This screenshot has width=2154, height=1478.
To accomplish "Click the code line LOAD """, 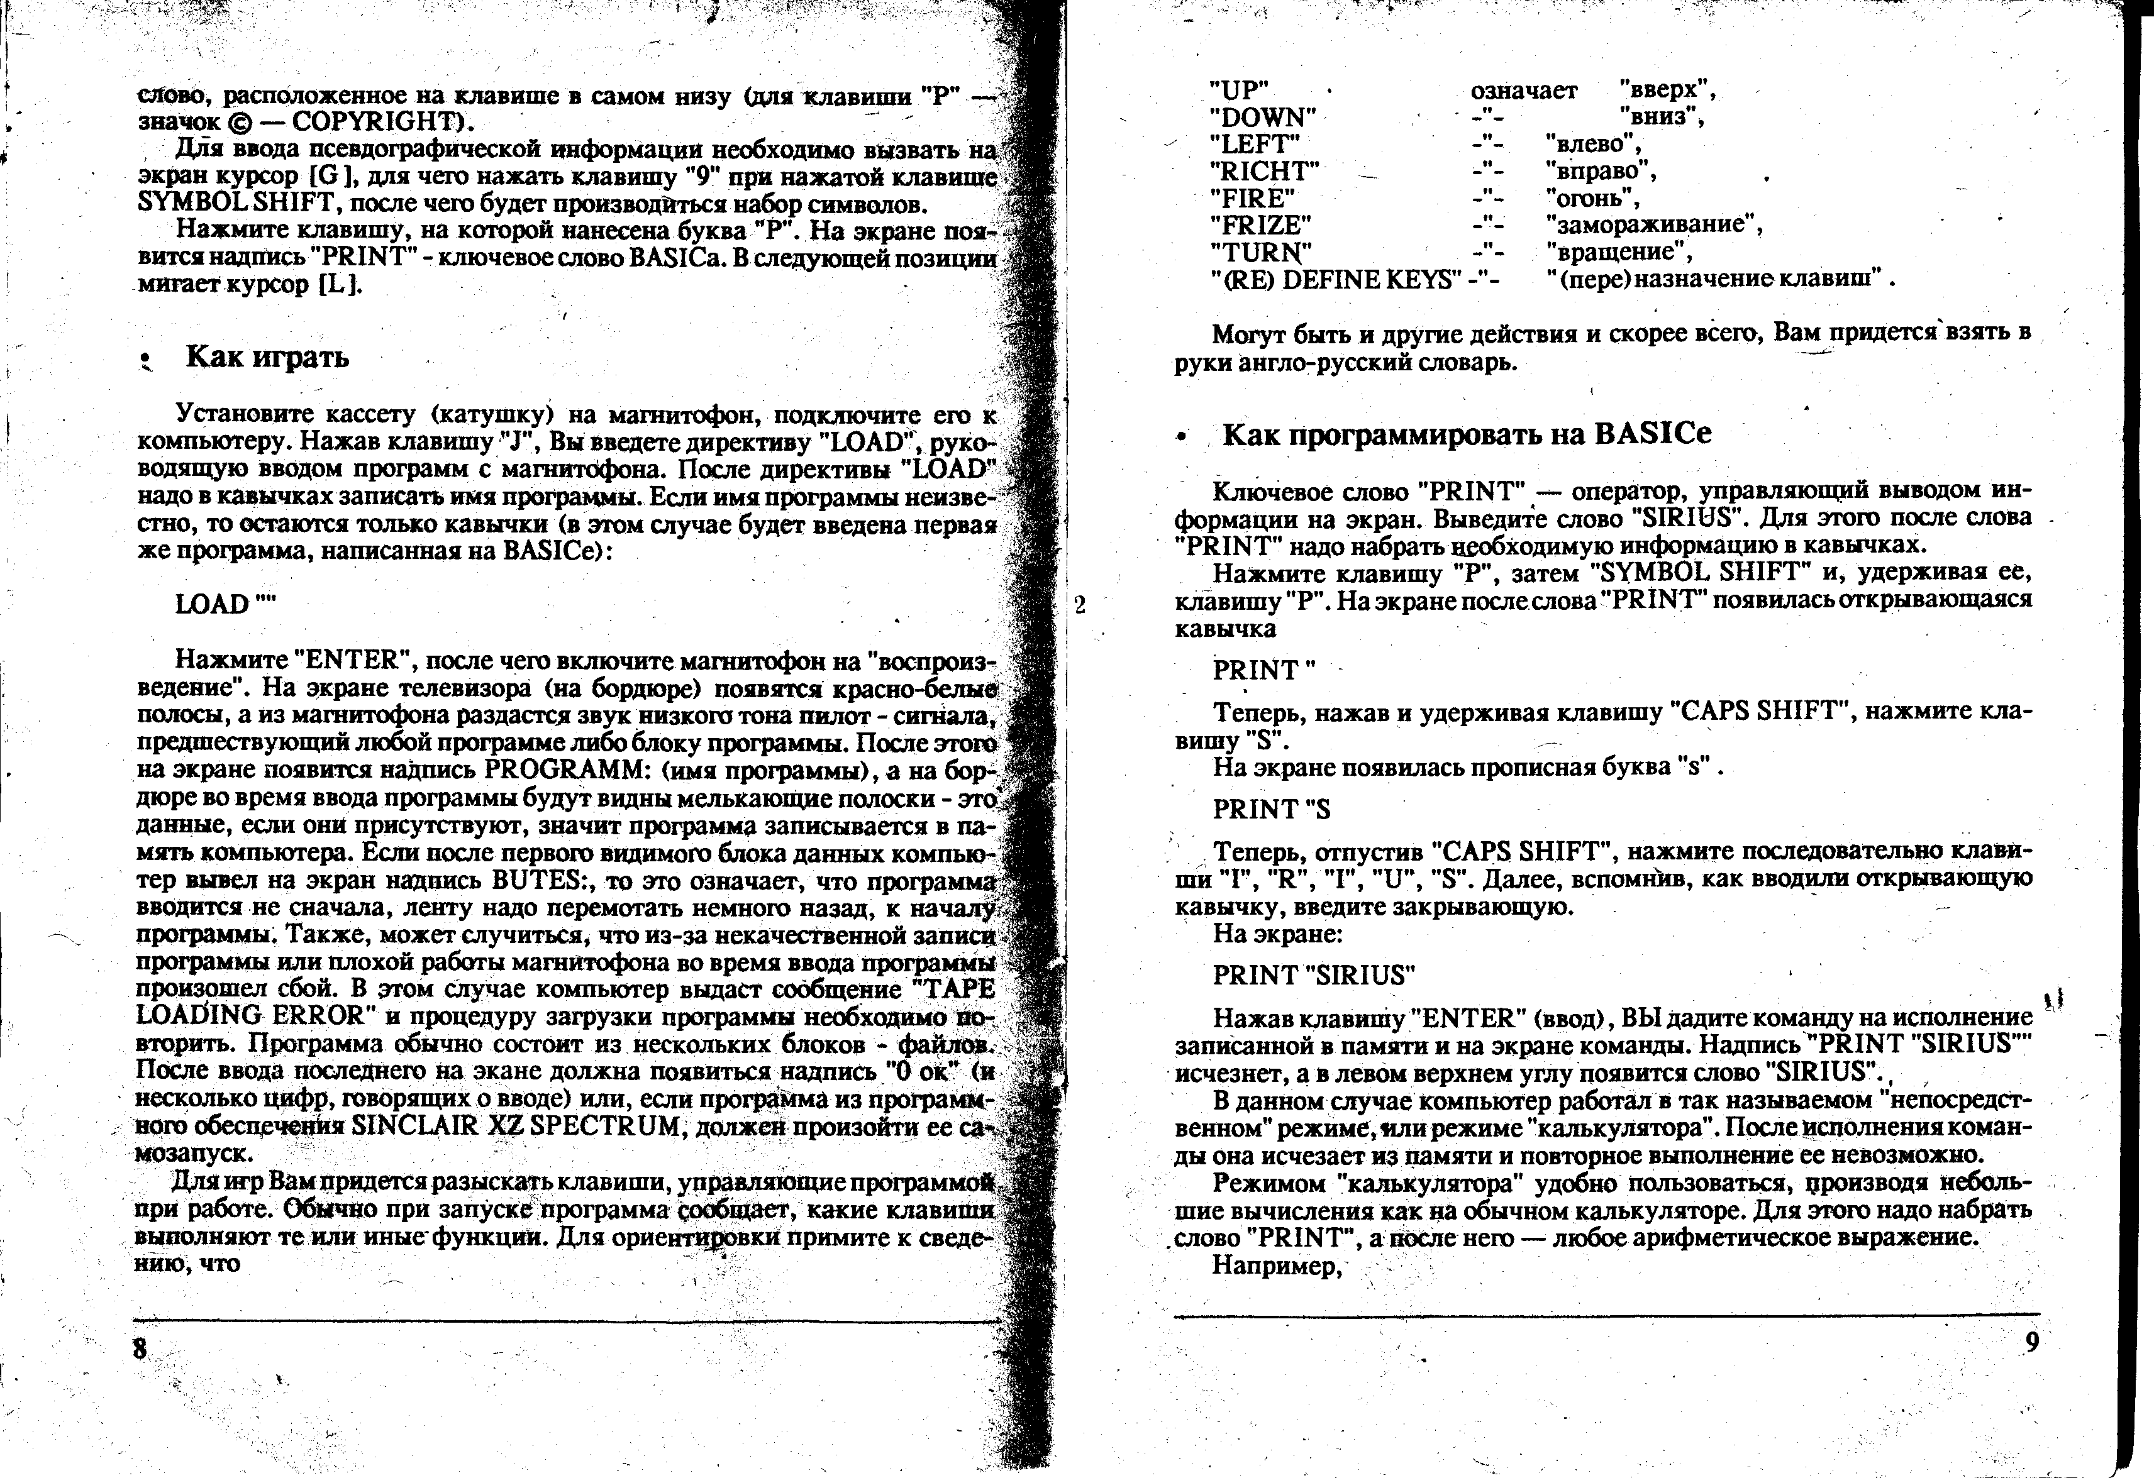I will (x=225, y=604).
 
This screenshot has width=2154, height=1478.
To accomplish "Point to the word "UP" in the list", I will (x=1238, y=91).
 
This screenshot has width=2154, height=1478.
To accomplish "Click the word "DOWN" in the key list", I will (x=1262, y=118).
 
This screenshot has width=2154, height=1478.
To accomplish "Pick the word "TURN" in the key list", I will (x=1260, y=252).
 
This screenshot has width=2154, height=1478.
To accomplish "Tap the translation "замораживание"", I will (x=1653, y=225).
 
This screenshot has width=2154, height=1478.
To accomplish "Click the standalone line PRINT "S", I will (x=1272, y=809).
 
